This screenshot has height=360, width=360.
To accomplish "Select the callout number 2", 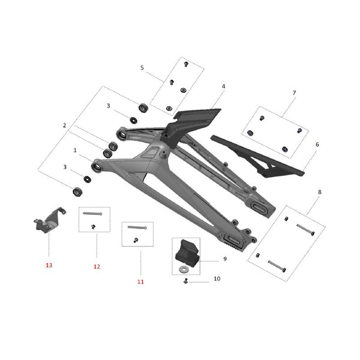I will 64,125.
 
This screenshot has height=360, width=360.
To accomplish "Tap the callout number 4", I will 223,86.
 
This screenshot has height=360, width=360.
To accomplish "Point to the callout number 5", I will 142,68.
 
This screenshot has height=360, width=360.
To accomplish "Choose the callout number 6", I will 317,145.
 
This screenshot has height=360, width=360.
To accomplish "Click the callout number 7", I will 294,93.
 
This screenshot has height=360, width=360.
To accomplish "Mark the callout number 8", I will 319,192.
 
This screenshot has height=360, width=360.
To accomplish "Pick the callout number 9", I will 224,259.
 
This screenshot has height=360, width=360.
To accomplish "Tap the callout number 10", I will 217,279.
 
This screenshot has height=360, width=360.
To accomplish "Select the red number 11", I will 140,281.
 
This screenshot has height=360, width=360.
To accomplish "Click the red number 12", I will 95,266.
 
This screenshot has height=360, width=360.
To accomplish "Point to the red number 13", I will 49,265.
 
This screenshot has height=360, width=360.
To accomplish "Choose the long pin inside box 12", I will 92,214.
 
